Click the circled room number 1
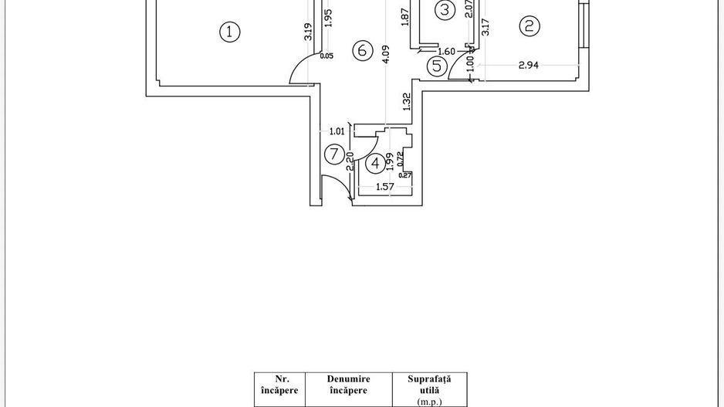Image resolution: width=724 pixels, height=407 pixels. pos(230,32)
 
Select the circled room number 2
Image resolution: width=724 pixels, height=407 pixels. pos(529,26)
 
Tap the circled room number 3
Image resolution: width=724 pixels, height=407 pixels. pos(445,10)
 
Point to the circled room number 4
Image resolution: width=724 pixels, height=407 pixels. pos(376,163)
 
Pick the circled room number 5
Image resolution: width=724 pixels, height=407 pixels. pos(437,66)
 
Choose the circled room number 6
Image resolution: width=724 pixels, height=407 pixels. pos(361,51)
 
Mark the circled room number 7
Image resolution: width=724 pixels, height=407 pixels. pos(333,154)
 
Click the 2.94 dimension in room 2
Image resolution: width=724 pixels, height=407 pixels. pos(529,66)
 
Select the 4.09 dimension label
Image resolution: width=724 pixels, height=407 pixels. pos(386,57)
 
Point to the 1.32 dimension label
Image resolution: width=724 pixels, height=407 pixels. pos(406,100)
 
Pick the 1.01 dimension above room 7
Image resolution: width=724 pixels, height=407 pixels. pos(337,131)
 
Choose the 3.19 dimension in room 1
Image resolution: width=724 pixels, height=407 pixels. pos(308,32)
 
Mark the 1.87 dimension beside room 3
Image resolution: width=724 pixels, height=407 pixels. pos(404,18)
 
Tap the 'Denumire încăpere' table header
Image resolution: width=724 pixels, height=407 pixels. pos(347,385)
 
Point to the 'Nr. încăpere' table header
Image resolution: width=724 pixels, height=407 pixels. pos(280,385)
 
